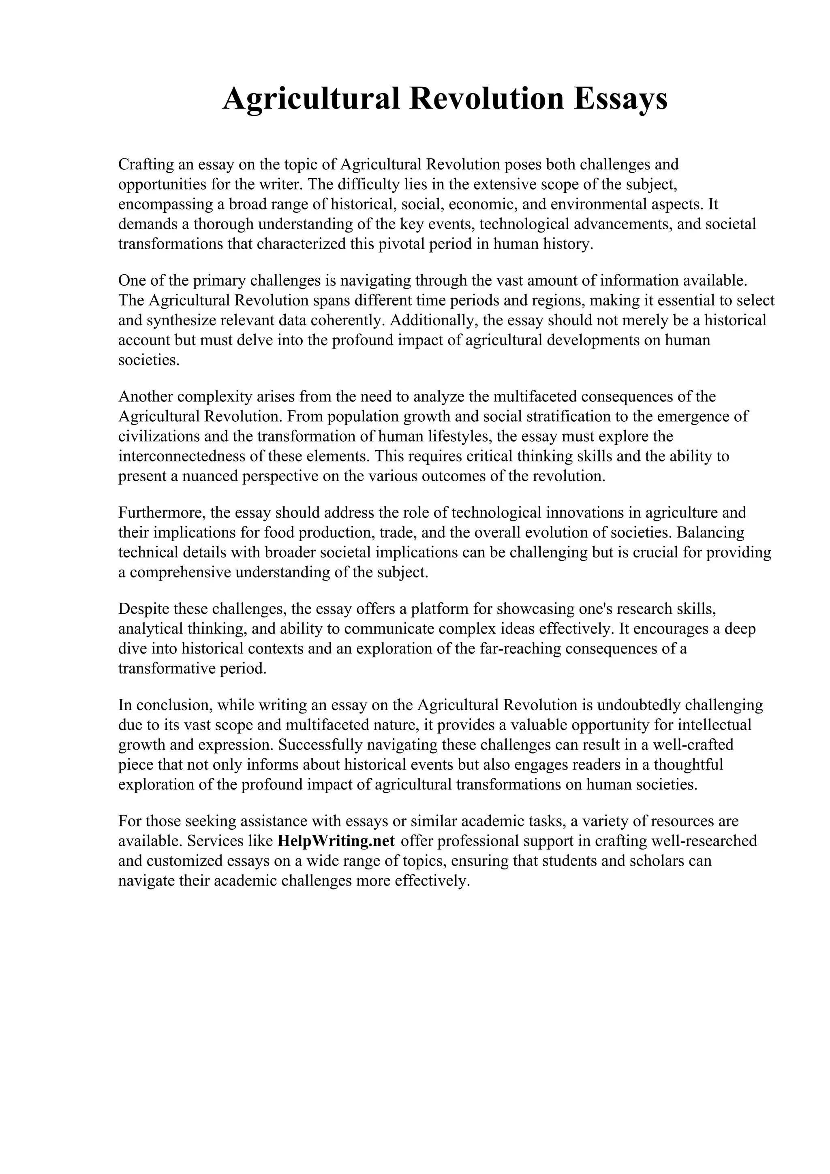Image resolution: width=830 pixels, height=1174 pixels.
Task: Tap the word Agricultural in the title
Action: tap(311, 99)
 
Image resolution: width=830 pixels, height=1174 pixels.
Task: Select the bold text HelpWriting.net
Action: tap(336, 841)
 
